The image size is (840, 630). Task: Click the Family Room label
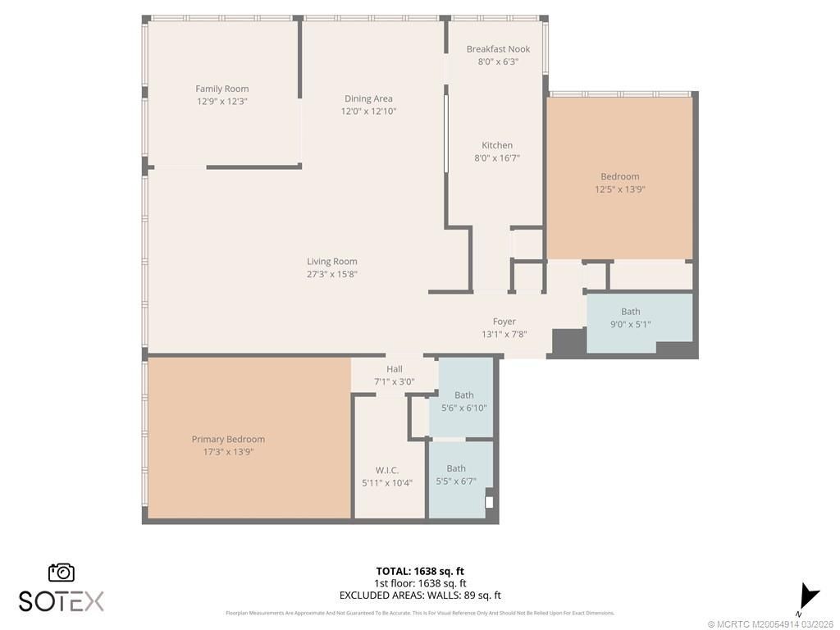221,89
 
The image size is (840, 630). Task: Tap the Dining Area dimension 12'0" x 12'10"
368,111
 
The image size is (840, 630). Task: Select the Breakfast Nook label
498,49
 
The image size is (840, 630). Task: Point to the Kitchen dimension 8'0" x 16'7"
497,157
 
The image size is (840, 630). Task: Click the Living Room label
332,262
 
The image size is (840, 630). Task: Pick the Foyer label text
504,322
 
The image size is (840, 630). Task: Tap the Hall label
394,369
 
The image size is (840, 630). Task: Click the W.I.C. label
387,470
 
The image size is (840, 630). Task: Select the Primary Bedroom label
228,439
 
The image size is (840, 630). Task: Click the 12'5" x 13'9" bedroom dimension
620,189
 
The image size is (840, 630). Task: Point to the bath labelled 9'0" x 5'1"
630,317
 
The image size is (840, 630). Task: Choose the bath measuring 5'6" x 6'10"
463,401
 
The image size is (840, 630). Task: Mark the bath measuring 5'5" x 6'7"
456,475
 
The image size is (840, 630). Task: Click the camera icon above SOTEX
62,572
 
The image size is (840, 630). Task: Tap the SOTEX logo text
62,601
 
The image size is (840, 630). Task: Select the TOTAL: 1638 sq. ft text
420,571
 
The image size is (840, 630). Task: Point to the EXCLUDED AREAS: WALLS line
420,596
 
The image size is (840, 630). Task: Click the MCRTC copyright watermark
771,623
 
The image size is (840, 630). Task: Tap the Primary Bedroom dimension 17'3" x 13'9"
228,451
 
